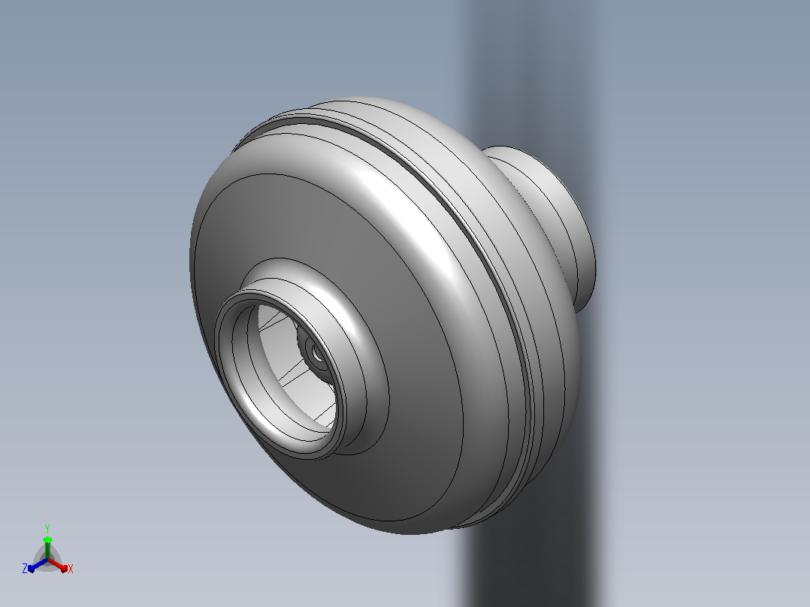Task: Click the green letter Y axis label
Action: [x=47, y=528]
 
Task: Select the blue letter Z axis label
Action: [x=24, y=568]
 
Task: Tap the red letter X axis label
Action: [x=71, y=569]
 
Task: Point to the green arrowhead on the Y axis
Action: [x=47, y=539]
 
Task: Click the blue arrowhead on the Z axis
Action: [x=32, y=568]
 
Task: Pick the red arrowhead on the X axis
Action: [x=64, y=568]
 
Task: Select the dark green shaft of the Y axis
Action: [x=47, y=551]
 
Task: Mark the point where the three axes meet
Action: [x=47, y=560]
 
